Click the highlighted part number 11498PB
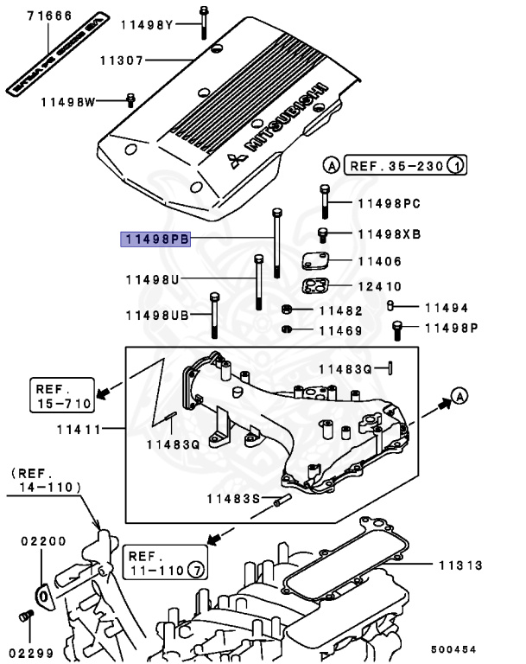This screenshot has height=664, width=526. (x=155, y=239)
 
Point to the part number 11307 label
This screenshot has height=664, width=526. (x=121, y=61)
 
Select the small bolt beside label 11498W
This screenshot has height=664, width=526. (x=130, y=100)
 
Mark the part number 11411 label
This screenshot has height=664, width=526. (x=79, y=429)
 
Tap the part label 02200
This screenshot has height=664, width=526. (x=43, y=541)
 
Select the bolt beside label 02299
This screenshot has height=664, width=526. (x=25, y=616)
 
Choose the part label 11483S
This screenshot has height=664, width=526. (x=233, y=498)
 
